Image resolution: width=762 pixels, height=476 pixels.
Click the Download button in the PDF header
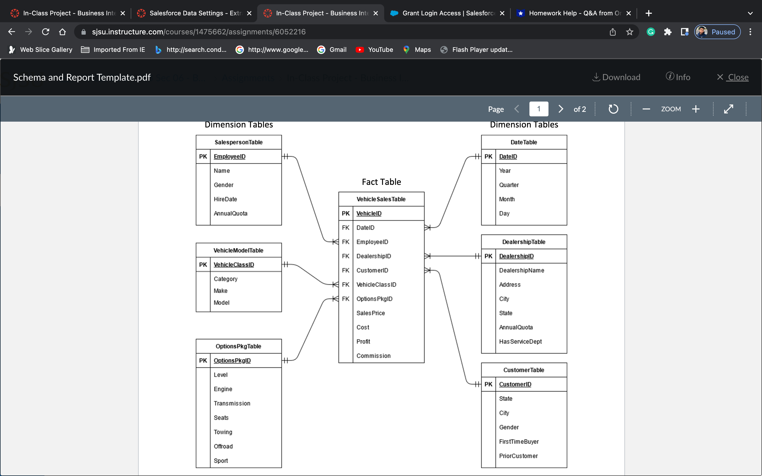[616, 77]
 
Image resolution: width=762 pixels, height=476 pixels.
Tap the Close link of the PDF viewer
[738, 77]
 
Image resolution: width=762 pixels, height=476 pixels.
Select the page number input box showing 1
[538, 109]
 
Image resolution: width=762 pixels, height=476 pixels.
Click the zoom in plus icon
[696, 109]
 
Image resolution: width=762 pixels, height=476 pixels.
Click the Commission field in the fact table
[373, 356]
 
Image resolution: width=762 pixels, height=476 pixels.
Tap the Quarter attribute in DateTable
[509, 185]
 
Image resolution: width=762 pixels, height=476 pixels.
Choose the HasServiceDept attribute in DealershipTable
[520, 342]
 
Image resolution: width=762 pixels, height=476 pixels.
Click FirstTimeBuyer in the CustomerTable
[519, 442]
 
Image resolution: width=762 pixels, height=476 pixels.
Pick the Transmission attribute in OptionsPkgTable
[232, 404]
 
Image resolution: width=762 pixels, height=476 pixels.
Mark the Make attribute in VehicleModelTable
[220, 291]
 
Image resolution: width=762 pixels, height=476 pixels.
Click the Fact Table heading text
[381, 182]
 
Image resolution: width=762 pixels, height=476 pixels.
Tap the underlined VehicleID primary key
[369, 213]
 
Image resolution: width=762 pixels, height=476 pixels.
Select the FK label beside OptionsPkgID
[346, 299]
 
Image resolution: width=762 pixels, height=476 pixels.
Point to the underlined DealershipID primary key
[516, 256]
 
